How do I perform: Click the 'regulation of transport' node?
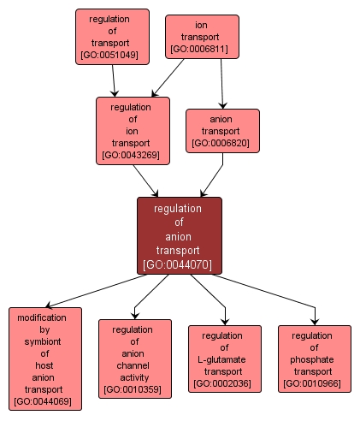[x=112, y=37]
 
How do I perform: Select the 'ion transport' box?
[x=202, y=37]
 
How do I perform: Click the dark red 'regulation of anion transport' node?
[x=180, y=235]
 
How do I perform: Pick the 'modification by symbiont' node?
[x=45, y=358]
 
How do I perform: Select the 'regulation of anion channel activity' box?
[x=135, y=359]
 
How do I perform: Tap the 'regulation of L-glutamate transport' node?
[x=225, y=359]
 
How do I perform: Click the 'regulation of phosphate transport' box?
[x=315, y=359]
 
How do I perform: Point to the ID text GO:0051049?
[x=112, y=54]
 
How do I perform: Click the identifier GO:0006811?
[x=202, y=50]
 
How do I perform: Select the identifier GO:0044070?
[x=180, y=264]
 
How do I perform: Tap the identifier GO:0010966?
[x=315, y=383]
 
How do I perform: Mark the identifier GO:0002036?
[x=225, y=383]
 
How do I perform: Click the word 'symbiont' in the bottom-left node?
[x=45, y=341]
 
